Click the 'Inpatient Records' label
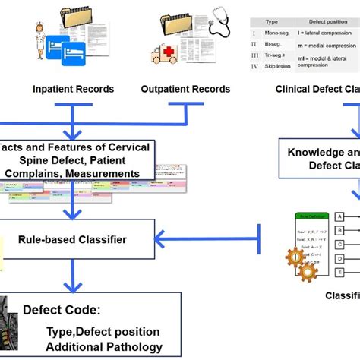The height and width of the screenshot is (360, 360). pyautogui.click(x=72, y=90)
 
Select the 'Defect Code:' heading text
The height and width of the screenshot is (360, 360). pyautogui.click(x=60, y=311)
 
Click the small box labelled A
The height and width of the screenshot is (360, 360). pyautogui.click(x=339, y=217)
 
